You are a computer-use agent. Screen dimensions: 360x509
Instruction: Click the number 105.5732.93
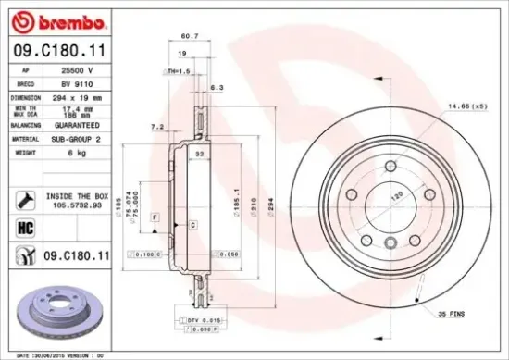pos(77,205)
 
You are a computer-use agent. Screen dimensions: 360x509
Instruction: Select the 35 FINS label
pos(453,315)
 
